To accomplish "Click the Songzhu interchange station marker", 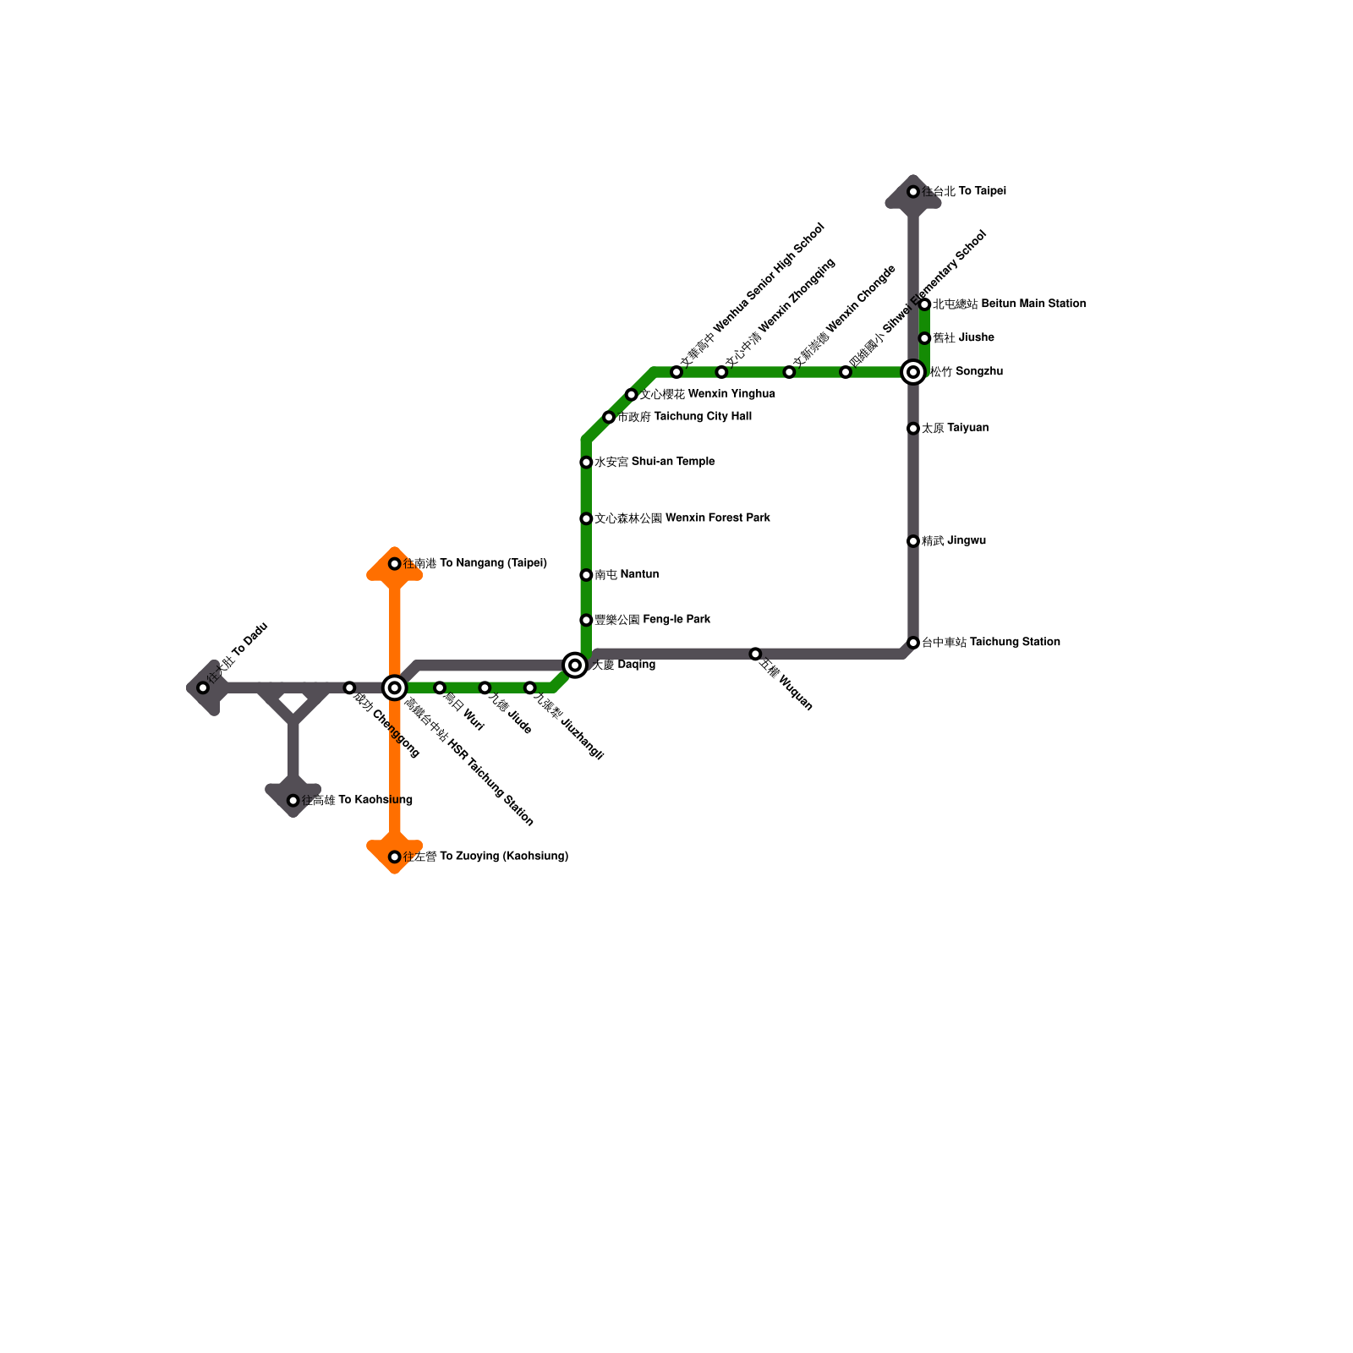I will (x=913, y=372).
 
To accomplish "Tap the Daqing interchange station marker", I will (x=575, y=666).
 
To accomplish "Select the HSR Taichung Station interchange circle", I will (x=395, y=687).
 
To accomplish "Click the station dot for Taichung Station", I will (x=913, y=643).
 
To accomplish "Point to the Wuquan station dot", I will (x=755, y=654).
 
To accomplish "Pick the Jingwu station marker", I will (x=913, y=541).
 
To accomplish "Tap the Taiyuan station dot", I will (x=913, y=429).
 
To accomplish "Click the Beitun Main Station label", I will (x=1009, y=304).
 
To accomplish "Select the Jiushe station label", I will (x=963, y=337).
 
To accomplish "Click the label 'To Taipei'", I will (x=964, y=191).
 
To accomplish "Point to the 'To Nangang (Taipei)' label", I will (x=475, y=563).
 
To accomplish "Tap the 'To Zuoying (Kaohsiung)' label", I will (x=485, y=857).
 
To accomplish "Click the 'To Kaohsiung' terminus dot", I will (x=293, y=801).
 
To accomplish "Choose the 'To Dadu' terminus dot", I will (x=203, y=687).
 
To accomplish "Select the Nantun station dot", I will (x=586, y=575).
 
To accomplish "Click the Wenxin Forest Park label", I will (x=682, y=518).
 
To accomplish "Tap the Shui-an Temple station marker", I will (x=586, y=463).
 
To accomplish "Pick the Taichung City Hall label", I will (x=684, y=416).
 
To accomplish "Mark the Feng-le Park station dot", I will (x=586, y=620).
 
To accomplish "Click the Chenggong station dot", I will (x=349, y=687).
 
